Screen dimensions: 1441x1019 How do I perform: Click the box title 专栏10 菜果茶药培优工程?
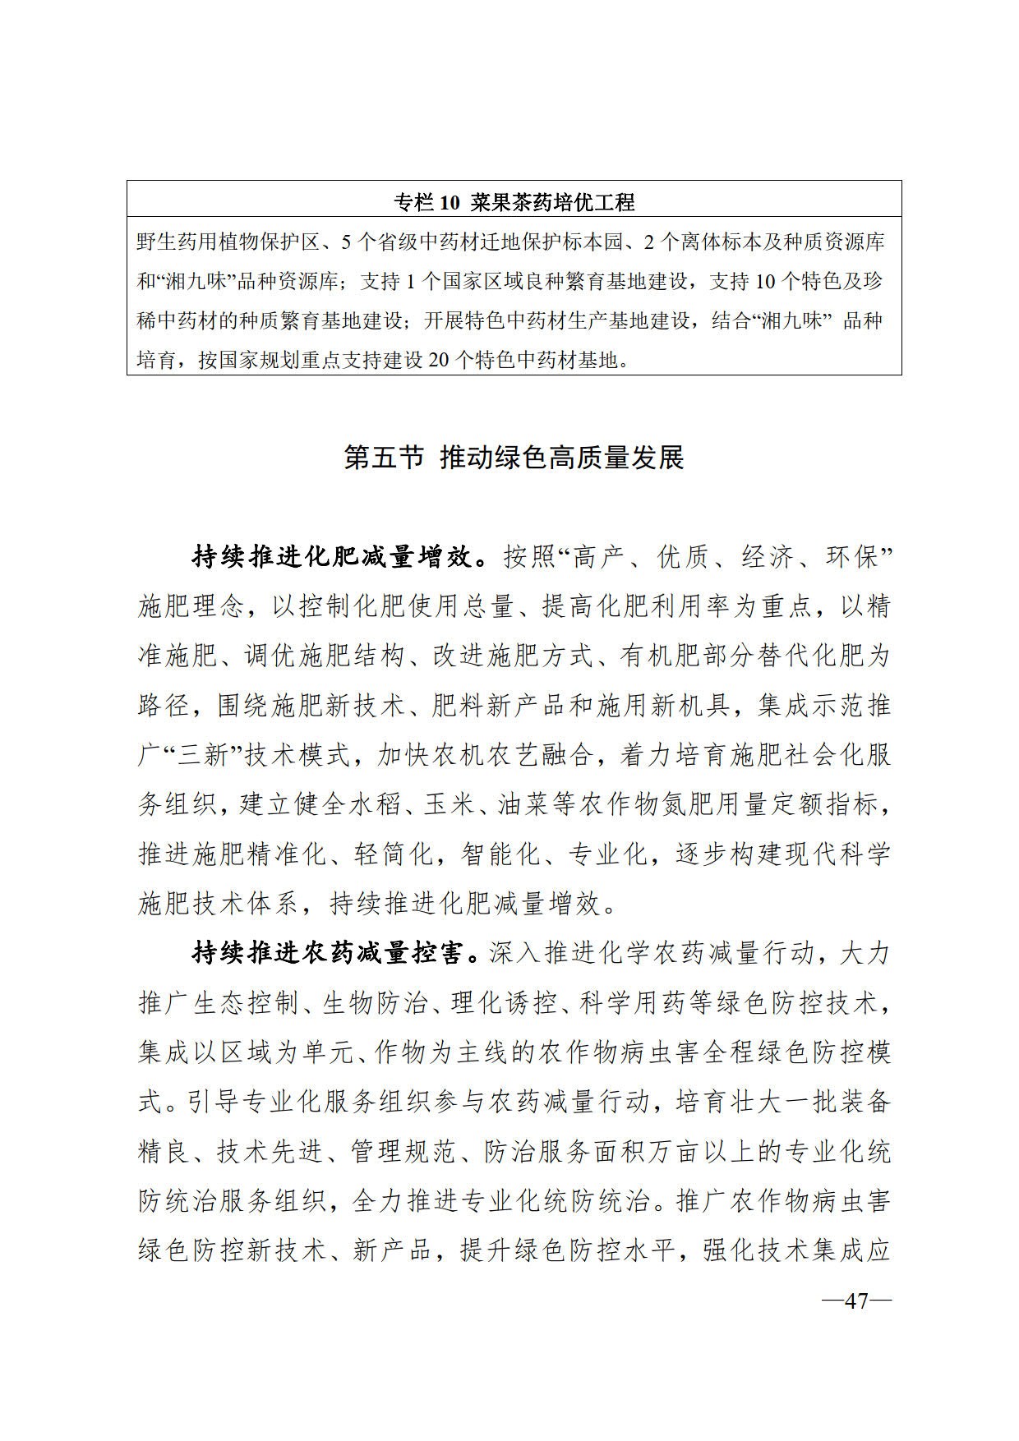coord(514,201)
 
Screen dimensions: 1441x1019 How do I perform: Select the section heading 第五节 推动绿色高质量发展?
coord(514,458)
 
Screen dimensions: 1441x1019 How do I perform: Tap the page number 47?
coord(856,1301)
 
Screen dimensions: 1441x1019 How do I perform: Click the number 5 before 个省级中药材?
coord(345,242)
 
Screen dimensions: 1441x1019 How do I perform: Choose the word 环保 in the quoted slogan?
coord(853,558)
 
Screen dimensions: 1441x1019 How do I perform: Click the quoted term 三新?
coord(190,756)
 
